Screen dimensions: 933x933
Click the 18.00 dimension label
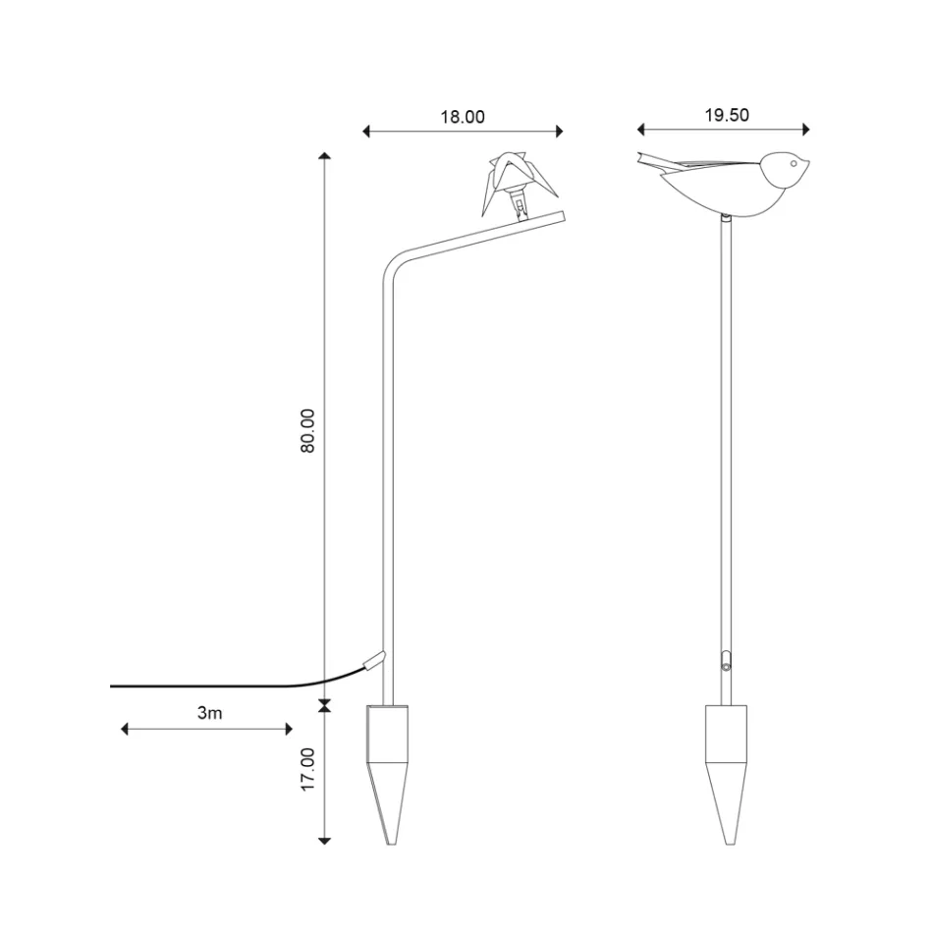462,117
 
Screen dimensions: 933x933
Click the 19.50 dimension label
726,115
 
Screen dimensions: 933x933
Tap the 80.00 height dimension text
307,429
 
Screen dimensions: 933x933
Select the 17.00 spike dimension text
307,770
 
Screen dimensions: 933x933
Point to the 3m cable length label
209,713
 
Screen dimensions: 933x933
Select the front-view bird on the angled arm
507,183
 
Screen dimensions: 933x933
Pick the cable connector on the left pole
374,661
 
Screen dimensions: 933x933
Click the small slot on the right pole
725,659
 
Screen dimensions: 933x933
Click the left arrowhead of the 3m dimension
125,729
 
